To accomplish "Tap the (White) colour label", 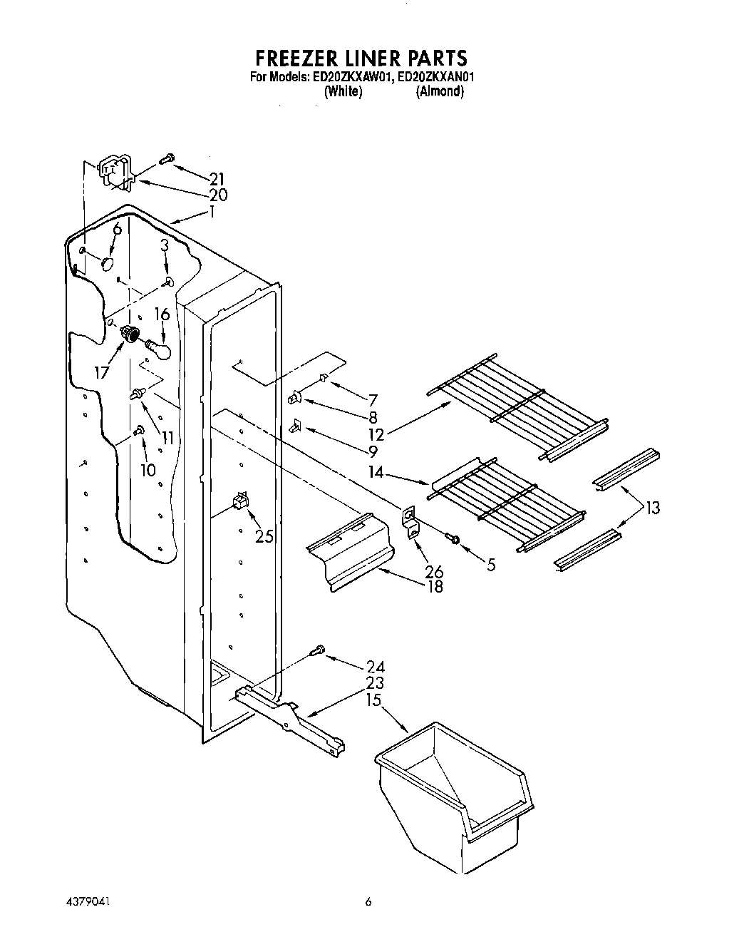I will point(343,91).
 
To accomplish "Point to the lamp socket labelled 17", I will point(130,332).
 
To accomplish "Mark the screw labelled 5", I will point(451,537).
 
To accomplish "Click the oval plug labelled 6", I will point(108,263).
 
